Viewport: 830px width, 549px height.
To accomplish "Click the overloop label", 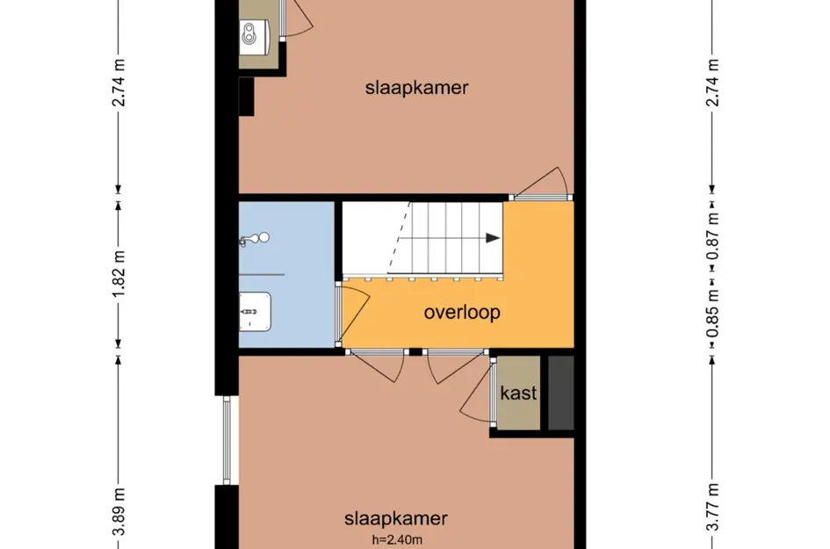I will (x=462, y=313).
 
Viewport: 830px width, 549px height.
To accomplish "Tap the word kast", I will (x=518, y=393).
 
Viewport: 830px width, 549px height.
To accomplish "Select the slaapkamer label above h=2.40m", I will (x=397, y=517).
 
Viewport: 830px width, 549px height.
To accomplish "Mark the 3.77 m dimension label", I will (x=713, y=509).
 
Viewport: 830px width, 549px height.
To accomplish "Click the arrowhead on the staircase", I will (x=493, y=238).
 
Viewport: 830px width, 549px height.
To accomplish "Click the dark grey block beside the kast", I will (x=560, y=393).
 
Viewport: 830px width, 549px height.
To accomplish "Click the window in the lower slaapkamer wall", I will (x=227, y=439).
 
